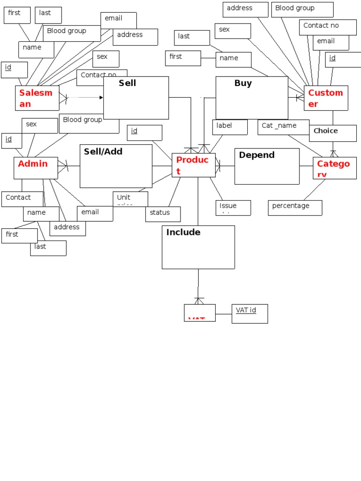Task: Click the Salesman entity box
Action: point(37,98)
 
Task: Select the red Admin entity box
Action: point(36,168)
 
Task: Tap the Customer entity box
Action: point(326,98)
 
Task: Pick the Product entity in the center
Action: point(193,165)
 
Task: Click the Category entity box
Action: point(334,168)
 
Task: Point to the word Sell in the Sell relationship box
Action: point(127,83)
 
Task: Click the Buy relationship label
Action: point(243,84)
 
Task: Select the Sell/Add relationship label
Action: point(103,151)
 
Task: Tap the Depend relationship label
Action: point(257,155)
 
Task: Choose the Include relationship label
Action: point(183,233)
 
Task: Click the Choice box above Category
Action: point(332,133)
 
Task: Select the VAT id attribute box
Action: point(250,313)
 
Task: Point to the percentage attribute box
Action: point(295,208)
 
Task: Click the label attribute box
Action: point(229,127)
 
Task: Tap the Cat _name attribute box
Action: point(283,127)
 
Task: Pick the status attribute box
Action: point(163,214)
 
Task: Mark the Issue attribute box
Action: point(233,208)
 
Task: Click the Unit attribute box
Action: point(130,199)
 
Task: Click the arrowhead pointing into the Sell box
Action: point(101,98)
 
